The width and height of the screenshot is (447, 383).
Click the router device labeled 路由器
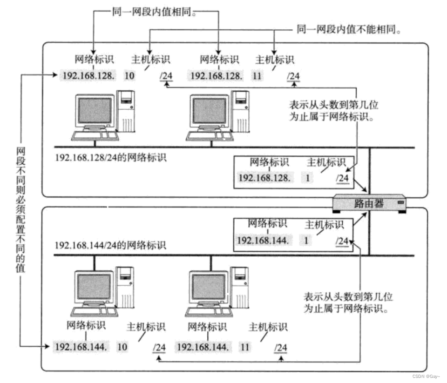[x=370, y=203]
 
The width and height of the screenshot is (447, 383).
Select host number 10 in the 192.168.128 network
[x=129, y=76]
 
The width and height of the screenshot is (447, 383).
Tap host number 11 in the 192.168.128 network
[x=257, y=76]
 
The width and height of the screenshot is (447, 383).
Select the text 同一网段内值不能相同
[x=349, y=30]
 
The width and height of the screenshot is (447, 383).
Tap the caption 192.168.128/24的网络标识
[x=111, y=157]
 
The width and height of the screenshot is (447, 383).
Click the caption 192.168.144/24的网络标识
[x=110, y=245]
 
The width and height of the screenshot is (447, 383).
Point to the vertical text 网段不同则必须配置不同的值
[x=20, y=209]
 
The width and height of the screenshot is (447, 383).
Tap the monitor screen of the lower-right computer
[x=209, y=287]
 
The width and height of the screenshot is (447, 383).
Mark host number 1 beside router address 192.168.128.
[x=308, y=177]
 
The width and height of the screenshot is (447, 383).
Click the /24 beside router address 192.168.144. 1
[x=341, y=241]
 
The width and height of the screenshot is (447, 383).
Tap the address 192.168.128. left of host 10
[x=87, y=76]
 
